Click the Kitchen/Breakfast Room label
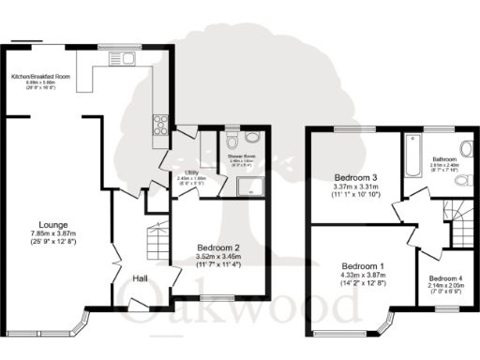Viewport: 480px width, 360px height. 39,77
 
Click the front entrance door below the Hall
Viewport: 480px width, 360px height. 138,307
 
